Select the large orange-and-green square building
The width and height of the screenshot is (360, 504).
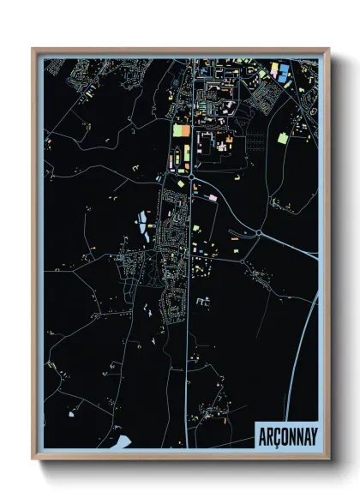pyautogui.click(x=180, y=131)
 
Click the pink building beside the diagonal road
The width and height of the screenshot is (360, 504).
pyautogui.click(x=212, y=197)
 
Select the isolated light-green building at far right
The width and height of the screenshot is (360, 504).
pyautogui.click(x=283, y=137)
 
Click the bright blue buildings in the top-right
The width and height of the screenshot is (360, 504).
pyautogui.click(x=280, y=75)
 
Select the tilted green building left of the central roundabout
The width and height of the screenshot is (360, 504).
pyautogui.click(x=181, y=180)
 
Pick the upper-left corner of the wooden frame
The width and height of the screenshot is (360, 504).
pyautogui.click(x=33, y=50)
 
